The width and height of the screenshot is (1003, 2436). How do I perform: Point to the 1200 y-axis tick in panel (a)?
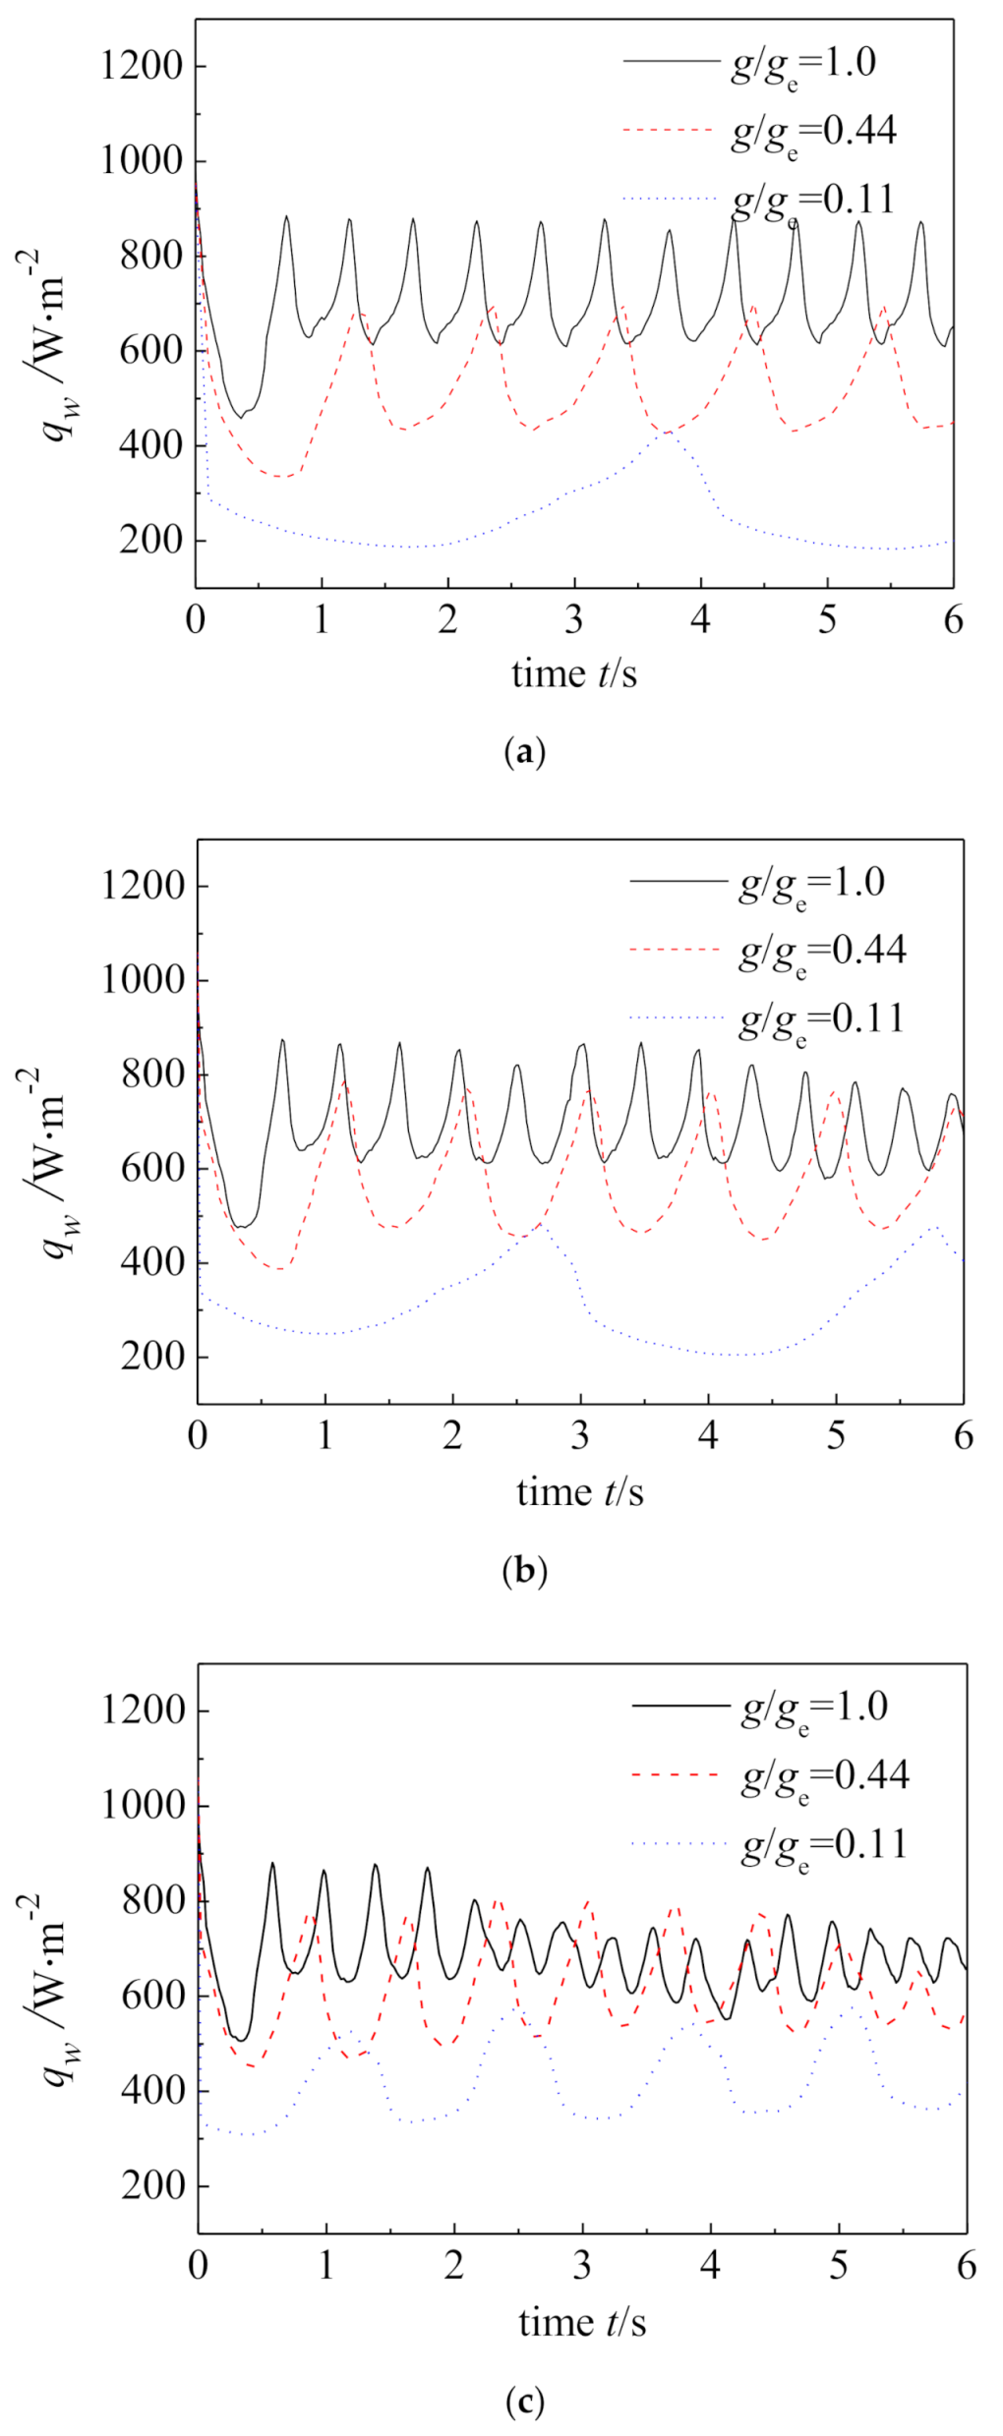point(143,67)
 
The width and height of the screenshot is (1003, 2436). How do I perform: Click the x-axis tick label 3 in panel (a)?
point(574,621)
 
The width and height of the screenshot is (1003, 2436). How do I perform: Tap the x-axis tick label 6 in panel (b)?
point(964,1436)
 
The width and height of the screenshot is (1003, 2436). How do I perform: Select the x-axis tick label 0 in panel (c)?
point(198,2266)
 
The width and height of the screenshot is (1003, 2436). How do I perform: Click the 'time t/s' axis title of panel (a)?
point(574,674)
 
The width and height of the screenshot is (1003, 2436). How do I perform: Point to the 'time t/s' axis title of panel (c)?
point(582,2323)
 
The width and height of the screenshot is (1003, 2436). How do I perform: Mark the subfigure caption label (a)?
point(523,753)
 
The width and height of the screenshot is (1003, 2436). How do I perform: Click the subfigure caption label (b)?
point(523,1571)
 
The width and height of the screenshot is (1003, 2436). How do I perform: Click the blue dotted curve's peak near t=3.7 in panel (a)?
point(669,431)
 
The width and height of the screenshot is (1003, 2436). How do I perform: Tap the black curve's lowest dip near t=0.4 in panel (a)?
point(241,417)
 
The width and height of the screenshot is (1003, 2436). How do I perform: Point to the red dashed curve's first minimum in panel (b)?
point(281,1268)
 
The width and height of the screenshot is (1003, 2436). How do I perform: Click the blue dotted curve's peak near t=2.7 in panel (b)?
point(540,1225)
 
